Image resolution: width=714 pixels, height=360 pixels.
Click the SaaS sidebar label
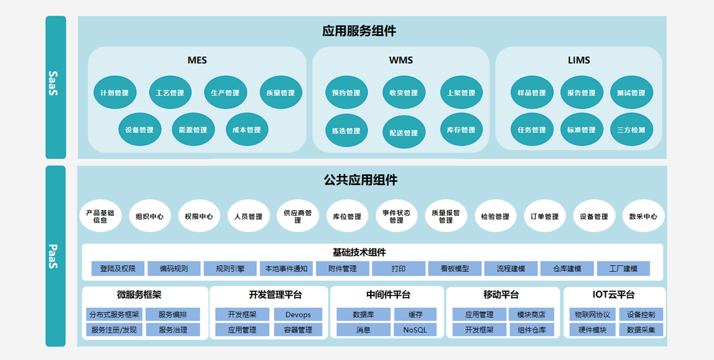55,84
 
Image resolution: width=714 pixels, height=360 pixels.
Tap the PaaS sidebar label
55,256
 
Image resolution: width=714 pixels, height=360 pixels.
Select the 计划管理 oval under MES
114,93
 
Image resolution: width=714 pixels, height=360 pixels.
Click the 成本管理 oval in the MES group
246,130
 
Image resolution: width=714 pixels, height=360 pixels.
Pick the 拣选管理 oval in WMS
346,131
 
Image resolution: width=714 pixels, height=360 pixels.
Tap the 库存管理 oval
461,130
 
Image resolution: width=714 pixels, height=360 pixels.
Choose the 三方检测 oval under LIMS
631,130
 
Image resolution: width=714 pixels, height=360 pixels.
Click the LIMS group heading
579,60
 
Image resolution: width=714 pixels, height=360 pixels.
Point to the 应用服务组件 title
359,31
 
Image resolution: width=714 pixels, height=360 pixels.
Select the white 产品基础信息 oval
100,216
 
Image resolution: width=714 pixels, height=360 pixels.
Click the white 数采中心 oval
643,216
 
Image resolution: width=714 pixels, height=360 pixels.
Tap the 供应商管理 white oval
298,216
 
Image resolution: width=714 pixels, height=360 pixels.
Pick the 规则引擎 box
230,269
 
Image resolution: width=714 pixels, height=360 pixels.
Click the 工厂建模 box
623,269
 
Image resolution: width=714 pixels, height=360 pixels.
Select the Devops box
298,314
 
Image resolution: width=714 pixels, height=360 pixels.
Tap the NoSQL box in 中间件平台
415,330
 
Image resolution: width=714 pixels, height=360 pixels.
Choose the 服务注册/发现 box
114,330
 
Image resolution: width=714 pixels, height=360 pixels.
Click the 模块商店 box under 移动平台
531,314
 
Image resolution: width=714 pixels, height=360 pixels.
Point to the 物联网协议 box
592,314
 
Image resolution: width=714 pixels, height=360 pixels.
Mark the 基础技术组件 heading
359,252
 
